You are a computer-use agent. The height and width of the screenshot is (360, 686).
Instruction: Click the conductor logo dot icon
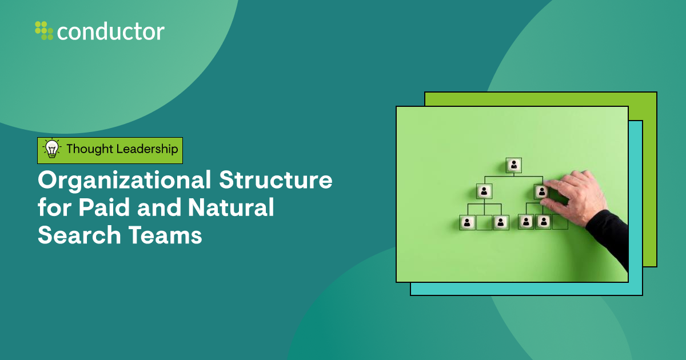(44, 30)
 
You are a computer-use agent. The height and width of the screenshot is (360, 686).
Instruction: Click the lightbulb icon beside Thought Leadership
(52, 149)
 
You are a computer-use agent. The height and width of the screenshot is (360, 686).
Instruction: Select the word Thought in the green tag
(90, 149)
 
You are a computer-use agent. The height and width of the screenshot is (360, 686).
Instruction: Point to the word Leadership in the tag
(147, 149)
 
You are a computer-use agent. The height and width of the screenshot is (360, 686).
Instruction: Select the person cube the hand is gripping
(541, 191)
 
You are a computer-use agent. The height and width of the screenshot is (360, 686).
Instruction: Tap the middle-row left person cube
(484, 191)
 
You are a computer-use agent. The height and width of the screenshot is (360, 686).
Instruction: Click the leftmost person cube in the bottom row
(468, 222)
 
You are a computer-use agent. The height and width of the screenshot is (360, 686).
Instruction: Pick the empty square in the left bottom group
(484, 222)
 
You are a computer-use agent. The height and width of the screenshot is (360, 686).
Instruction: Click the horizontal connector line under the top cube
(514, 177)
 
